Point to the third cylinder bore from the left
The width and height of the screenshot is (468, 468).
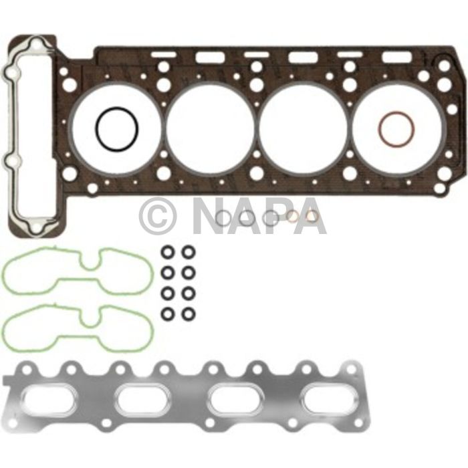pos(303,128)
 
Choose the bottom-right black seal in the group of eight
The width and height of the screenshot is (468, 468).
pos(189,313)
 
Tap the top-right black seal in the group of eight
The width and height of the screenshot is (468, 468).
pos(189,252)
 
